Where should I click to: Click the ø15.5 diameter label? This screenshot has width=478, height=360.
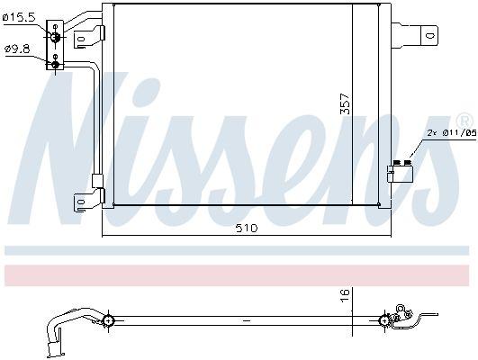[x=20, y=17]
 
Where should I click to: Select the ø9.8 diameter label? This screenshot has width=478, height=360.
[x=18, y=49]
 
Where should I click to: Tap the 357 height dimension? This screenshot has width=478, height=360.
[x=345, y=104]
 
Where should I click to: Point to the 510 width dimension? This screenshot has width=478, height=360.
[x=246, y=228]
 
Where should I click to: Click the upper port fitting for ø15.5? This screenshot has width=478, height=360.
[x=56, y=35]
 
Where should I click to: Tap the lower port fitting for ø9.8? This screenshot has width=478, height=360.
[x=56, y=62]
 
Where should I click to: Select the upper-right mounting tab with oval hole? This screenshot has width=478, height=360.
[x=426, y=36]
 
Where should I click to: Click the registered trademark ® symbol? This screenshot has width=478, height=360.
[x=464, y=121]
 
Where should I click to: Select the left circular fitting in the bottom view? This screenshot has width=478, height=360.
[x=108, y=319]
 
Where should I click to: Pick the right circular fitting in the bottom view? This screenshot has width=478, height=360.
[x=386, y=319]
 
